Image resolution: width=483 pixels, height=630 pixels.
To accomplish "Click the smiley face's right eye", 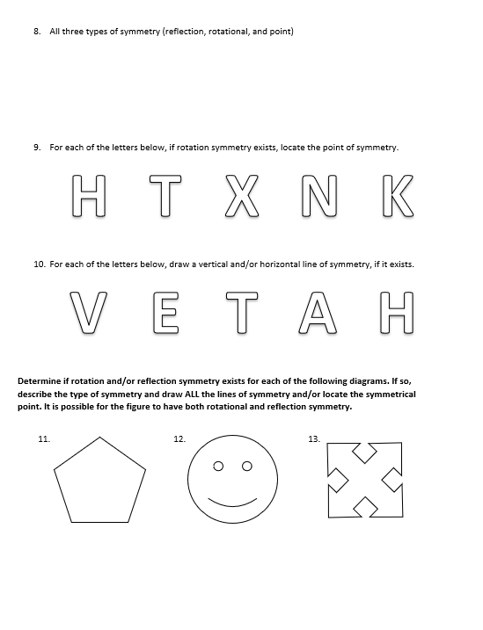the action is [247, 466].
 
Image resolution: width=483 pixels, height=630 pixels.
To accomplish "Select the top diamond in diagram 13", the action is [365, 453].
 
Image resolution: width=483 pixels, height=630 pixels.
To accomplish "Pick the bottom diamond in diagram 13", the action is [365, 506].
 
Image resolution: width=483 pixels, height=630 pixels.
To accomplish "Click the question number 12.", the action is [179, 438].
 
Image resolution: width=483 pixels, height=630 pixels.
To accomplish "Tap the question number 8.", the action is [37, 32].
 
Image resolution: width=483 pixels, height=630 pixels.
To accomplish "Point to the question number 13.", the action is [314, 438].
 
